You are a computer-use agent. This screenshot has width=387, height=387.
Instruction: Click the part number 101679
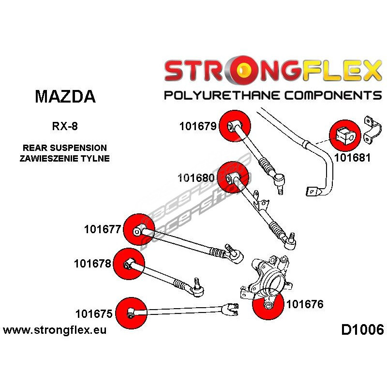tap(197, 127)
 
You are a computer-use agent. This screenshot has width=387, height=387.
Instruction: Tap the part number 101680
tap(196, 178)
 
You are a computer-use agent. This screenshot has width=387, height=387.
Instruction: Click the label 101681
tap(352, 158)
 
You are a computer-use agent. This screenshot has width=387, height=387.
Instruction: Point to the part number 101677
tap(102, 229)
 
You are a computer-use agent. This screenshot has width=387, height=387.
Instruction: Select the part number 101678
tap(93, 264)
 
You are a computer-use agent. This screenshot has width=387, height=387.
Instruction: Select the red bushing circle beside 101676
tap(268, 306)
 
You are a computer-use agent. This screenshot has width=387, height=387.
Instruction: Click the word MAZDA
tap(65, 97)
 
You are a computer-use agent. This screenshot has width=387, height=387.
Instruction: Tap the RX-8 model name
tap(64, 128)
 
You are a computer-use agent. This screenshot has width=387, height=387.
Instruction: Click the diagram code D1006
tap(362, 330)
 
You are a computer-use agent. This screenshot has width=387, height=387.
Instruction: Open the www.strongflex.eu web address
tap(55, 330)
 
